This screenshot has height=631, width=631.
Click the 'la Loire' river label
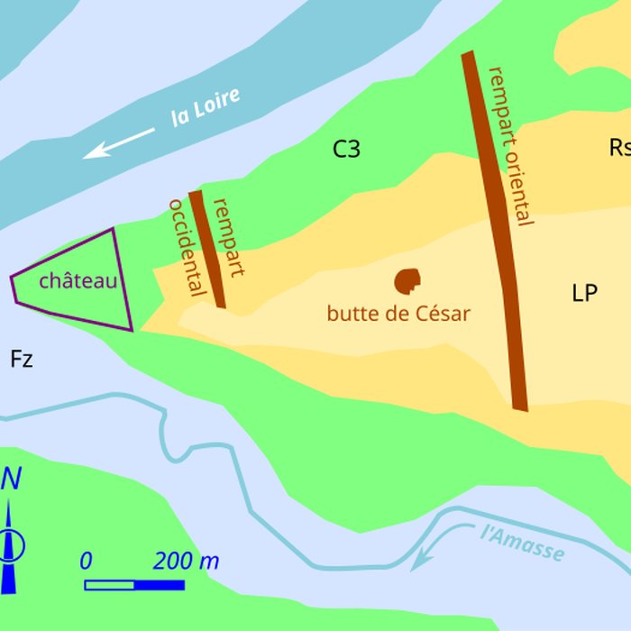coord(206,106)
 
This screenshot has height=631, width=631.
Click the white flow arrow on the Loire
coord(119,142)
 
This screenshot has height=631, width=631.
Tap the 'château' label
coord(78,280)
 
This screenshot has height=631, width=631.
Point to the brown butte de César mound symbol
coord(407,281)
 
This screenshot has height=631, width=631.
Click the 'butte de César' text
coord(398,314)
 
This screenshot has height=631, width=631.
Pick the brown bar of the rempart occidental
coord(207,249)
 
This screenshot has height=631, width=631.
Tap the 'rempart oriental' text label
coord(509,144)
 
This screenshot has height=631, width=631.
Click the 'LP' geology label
coord(585,293)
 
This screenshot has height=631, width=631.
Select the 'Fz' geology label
coord(22,360)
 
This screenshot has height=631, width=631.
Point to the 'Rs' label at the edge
coord(619,147)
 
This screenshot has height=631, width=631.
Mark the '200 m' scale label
coord(186,562)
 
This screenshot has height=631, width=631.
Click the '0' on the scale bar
coord(86,562)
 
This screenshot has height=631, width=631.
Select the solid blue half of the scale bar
coord(160,585)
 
